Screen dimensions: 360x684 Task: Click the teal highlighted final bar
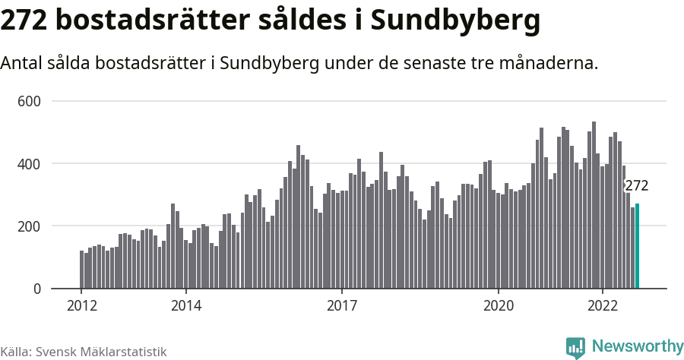click(x=638, y=246)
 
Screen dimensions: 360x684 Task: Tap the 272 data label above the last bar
click(x=636, y=186)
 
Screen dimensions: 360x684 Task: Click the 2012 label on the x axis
click(x=81, y=305)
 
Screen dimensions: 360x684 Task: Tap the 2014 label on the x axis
click(x=185, y=305)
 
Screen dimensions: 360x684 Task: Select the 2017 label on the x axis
click(x=342, y=305)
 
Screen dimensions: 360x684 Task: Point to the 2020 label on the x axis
click(x=499, y=305)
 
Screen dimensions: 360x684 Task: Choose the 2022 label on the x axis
click(x=603, y=305)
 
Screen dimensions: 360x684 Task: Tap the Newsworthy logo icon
click(x=575, y=347)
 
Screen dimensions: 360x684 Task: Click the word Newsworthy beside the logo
click(x=637, y=346)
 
